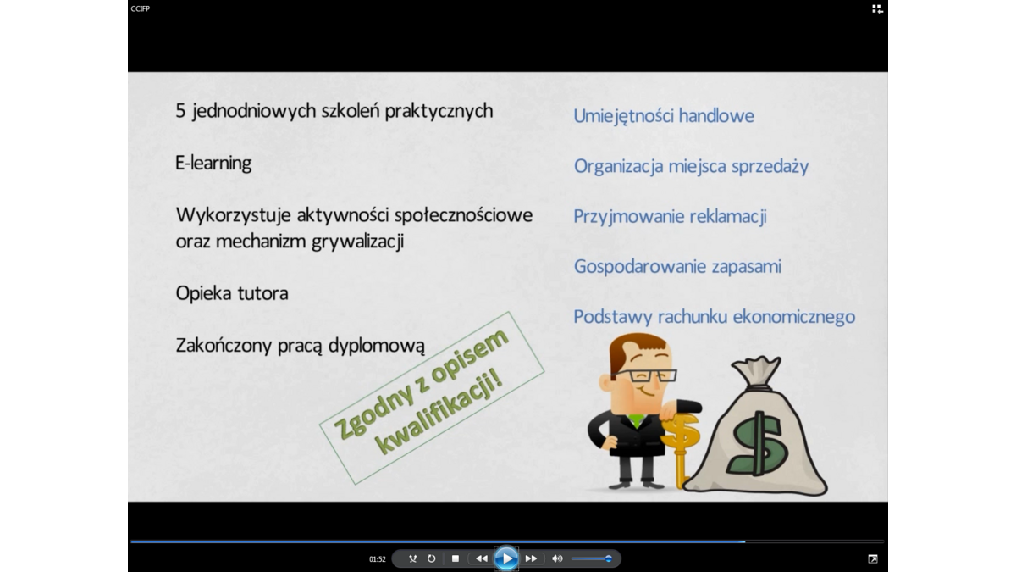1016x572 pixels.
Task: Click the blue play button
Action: point(506,558)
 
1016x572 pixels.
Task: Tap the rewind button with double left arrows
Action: point(481,558)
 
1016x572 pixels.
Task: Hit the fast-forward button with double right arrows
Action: point(531,558)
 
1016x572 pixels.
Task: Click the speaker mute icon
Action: point(557,558)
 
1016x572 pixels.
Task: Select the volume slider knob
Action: point(609,558)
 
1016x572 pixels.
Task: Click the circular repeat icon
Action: point(431,558)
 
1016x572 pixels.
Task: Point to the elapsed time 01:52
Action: point(378,559)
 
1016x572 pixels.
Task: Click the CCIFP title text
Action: point(141,8)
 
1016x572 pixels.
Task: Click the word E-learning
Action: point(213,163)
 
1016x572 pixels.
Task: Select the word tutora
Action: point(263,293)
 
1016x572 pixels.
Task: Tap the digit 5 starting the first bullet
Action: point(180,111)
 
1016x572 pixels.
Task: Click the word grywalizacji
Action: point(358,242)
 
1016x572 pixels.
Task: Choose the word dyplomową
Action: point(377,346)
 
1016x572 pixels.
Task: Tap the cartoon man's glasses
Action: point(644,375)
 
